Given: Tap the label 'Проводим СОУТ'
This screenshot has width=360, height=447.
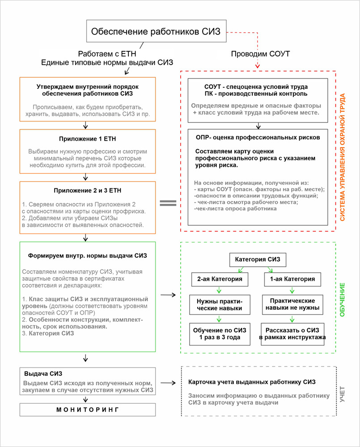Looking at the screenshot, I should tap(260, 54).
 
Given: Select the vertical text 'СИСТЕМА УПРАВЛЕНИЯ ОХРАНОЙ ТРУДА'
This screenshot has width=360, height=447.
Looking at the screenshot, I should tap(343, 151).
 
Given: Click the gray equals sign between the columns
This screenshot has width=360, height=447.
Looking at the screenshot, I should tap(168, 202).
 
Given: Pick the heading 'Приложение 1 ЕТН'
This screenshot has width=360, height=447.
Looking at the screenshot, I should tap(88, 139).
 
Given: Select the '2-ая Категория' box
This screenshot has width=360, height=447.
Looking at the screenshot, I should tap(220, 279).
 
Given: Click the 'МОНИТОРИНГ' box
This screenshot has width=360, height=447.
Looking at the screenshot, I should tap(88, 409).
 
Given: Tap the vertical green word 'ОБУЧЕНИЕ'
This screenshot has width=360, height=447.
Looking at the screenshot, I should tap(343, 299).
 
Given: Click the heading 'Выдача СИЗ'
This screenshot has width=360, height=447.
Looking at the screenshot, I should tap(43, 374).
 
